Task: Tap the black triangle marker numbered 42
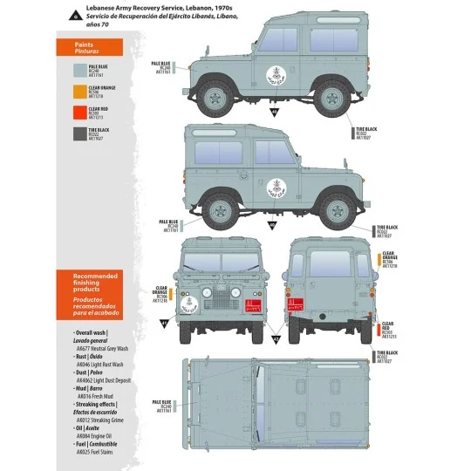point(276,338)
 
